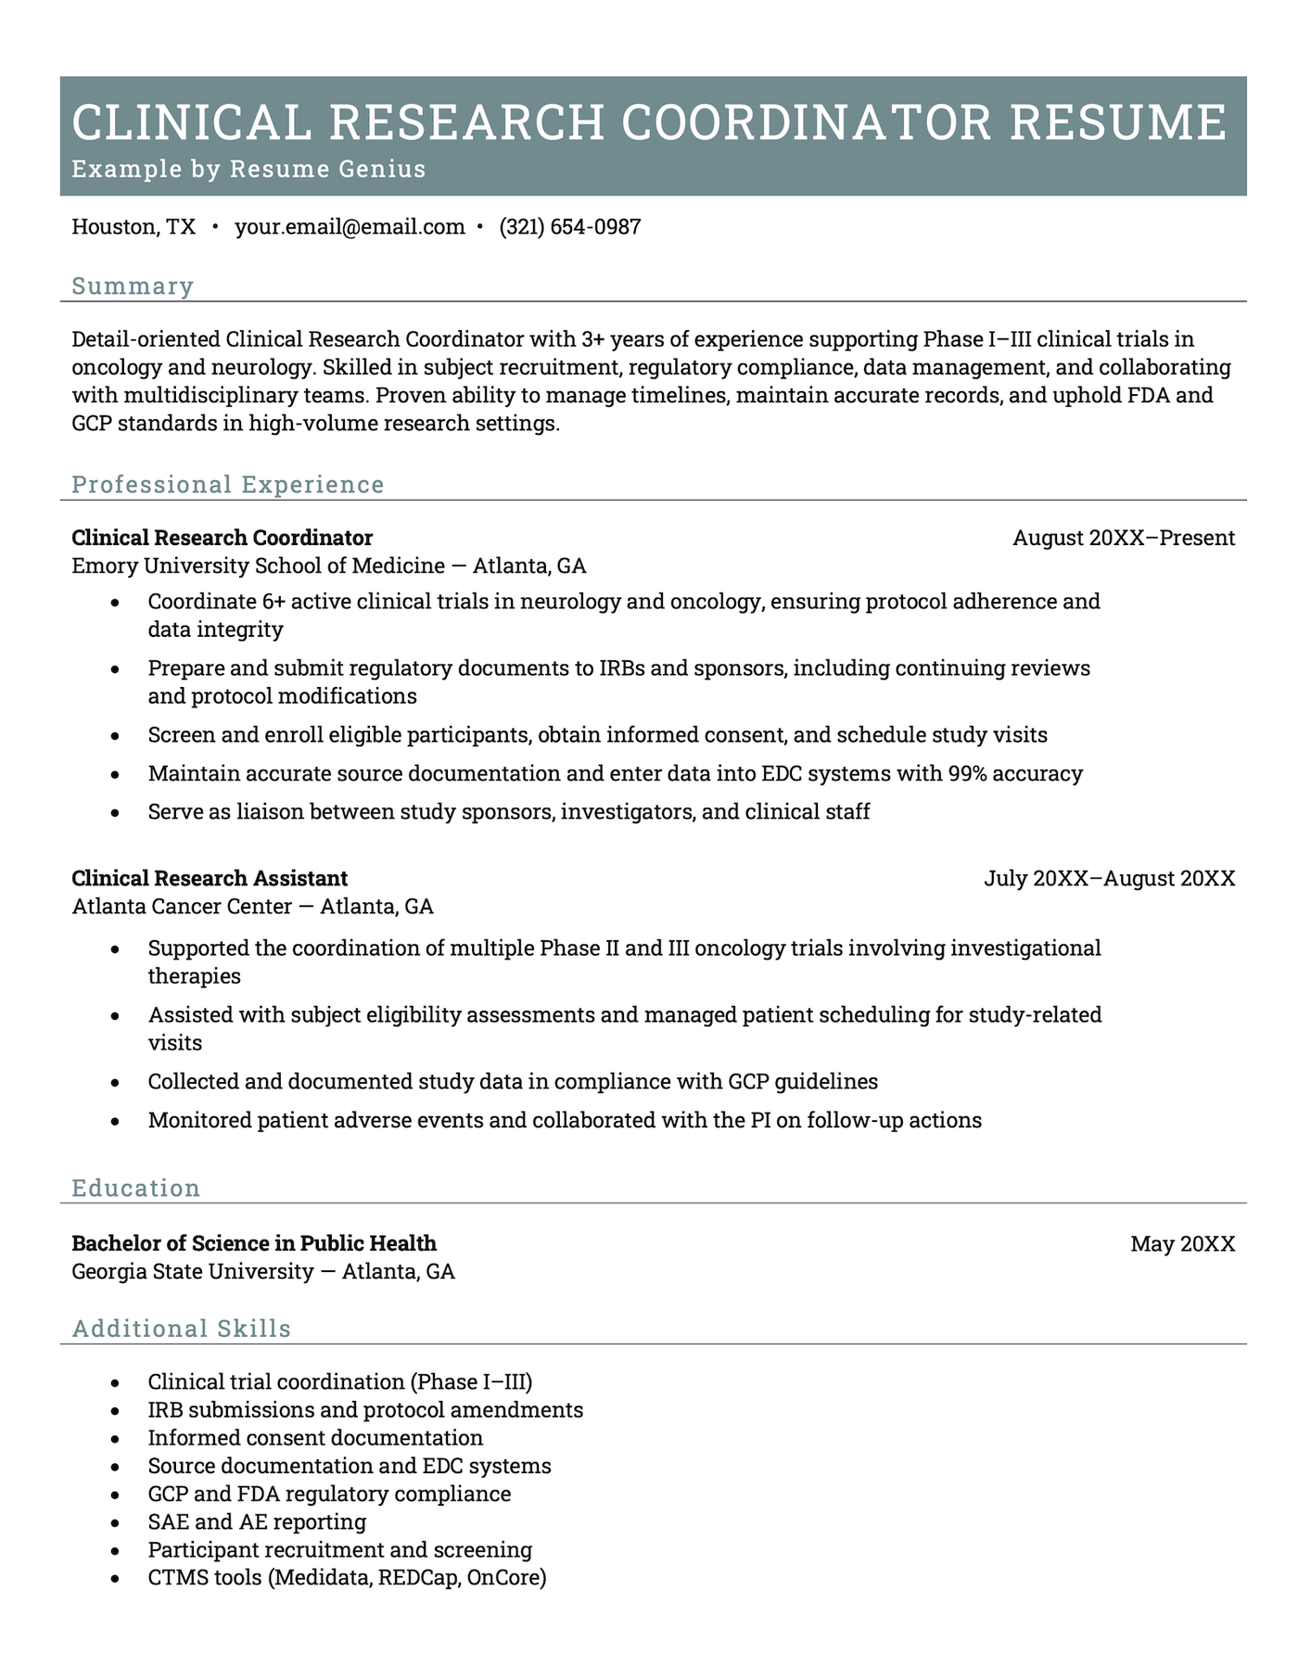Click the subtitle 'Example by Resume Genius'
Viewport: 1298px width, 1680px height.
pyautogui.click(x=248, y=169)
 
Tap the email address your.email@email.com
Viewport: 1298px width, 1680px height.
pyautogui.click(x=350, y=227)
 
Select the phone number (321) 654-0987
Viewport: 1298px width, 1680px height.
pyautogui.click(x=569, y=227)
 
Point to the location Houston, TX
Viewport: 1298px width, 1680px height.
pyautogui.click(x=134, y=227)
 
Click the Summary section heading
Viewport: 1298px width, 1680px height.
pyautogui.click(x=133, y=286)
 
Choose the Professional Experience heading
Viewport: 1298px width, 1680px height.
pyautogui.click(x=227, y=485)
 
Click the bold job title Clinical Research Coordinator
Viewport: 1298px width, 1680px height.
pyautogui.click(x=222, y=538)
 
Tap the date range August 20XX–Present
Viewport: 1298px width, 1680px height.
pyautogui.click(x=1123, y=538)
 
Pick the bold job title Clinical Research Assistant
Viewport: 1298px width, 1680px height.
pyautogui.click(x=210, y=878)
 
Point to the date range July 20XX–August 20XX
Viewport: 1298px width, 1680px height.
pyautogui.click(x=1109, y=878)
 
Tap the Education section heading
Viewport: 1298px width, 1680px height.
pyautogui.click(x=135, y=1189)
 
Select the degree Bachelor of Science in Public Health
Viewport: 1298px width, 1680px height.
pyautogui.click(x=253, y=1243)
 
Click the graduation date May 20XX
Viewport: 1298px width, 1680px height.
pyautogui.click(x=1182, y=1244)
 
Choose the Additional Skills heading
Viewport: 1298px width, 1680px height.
pyautogui.click(x=181, y=1329)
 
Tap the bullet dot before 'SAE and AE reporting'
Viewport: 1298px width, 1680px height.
pyautogui.click(x=114, y=1522)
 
